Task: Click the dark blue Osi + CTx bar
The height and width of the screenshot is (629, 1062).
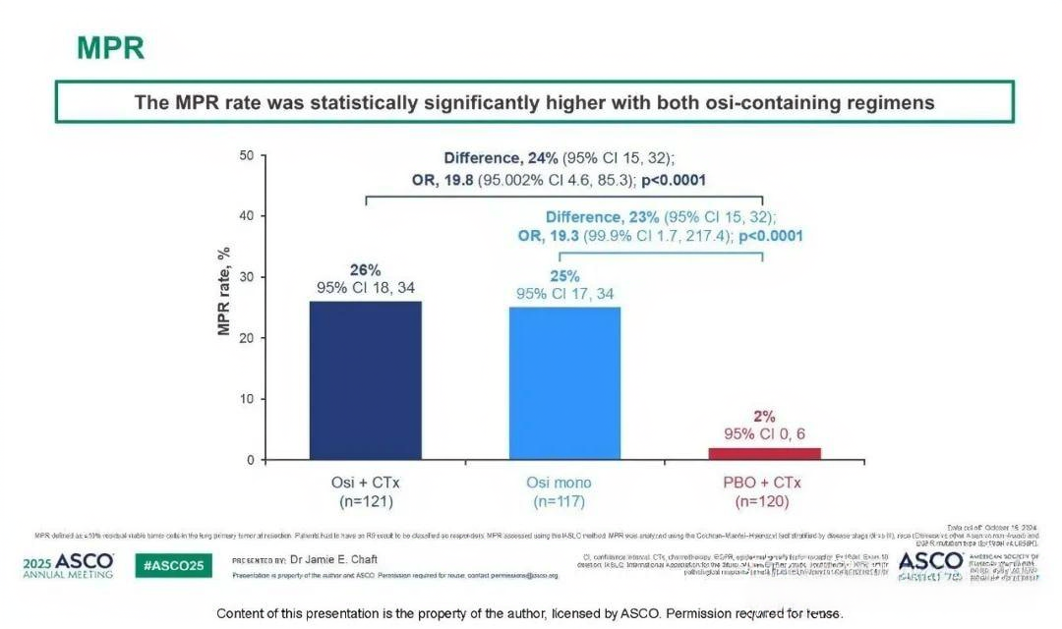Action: click(365, 380)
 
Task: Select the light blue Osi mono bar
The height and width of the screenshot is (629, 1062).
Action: click(564, 383)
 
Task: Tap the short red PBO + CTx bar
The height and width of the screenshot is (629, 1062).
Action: click(764, 453)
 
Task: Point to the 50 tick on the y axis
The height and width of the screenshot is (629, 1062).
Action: click(246, 155)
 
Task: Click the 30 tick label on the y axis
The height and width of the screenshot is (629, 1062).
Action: click(246, 277)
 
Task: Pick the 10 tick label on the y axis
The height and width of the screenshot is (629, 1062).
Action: click(246, 399)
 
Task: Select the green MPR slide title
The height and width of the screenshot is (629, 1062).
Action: click(110, 48)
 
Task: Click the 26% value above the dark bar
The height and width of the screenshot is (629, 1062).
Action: click(365, 270)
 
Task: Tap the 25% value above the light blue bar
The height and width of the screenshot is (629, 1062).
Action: click(564, 277)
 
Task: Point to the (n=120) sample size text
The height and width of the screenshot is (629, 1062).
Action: click(763, 501)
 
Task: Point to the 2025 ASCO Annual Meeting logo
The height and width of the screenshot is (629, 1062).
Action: click(68, 566)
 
